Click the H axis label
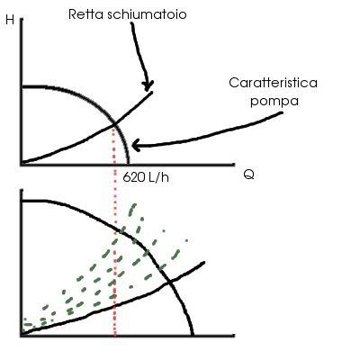pos(10,20)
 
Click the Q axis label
pos(248,175)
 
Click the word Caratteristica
pos(273,83)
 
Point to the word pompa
pos(274,101)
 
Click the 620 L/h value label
pos(146,177)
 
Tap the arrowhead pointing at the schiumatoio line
pos(148,86)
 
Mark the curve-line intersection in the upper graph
pos(114,123)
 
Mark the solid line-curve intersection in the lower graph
pos(170,282)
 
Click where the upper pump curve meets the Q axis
pos(129,164)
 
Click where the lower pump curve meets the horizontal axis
pos(193,335)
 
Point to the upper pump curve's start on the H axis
pos(22,87)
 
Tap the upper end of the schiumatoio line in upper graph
pos(152,92)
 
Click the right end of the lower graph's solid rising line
pos(204,263)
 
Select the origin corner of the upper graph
pos(22,164)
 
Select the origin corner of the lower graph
pos(22,335)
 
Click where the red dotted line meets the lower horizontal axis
pos(115,335)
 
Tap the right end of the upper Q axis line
pos(234,164)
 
